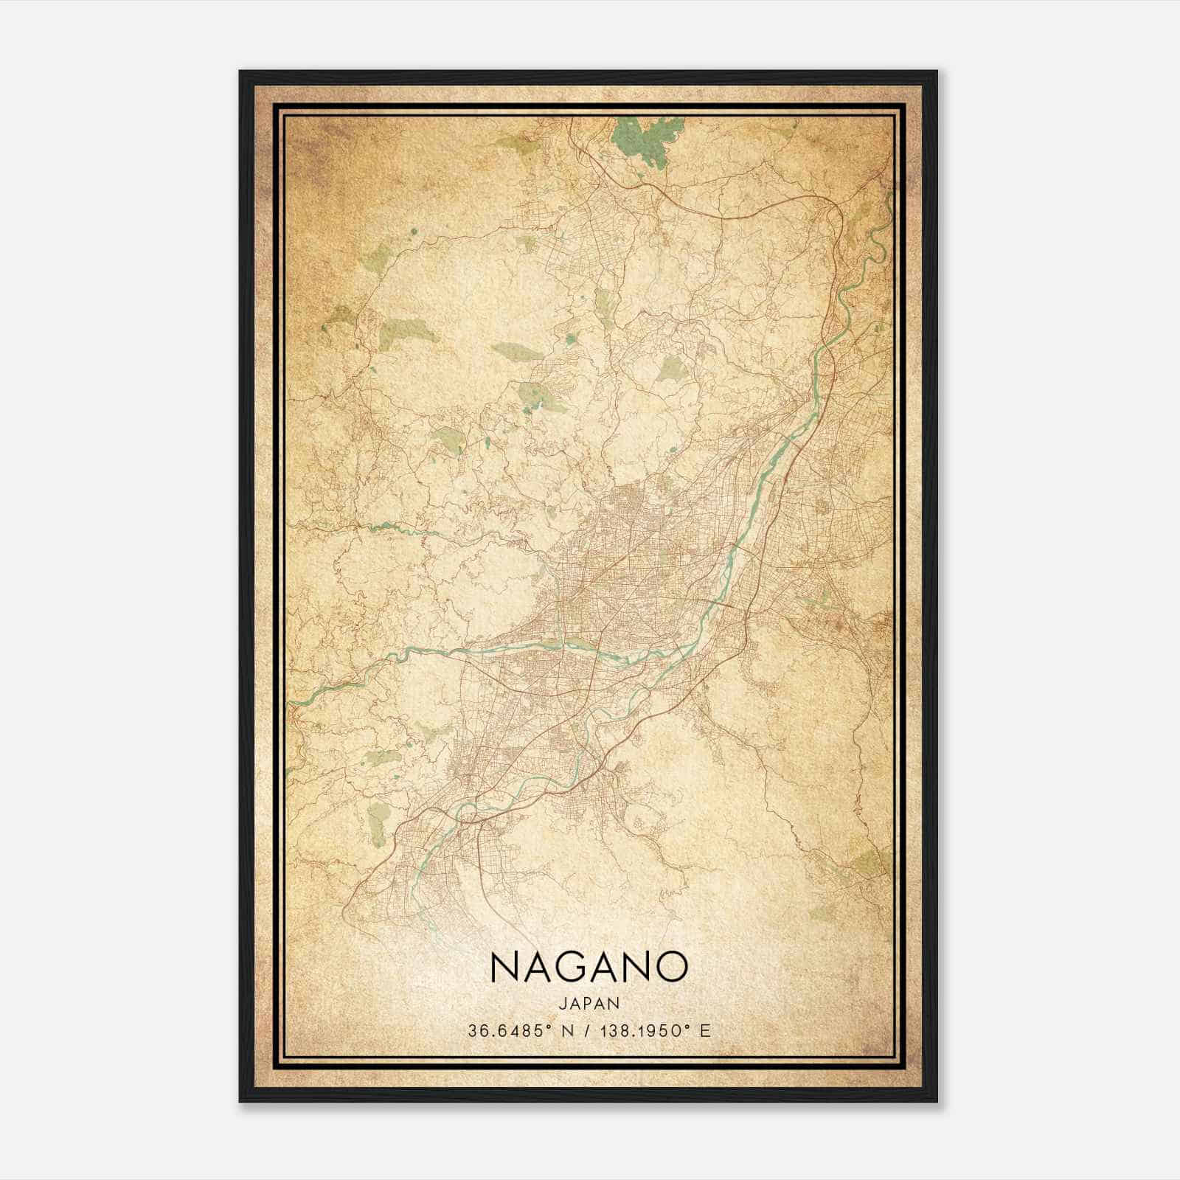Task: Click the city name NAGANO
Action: (588, 967)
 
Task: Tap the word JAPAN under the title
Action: (588, 1004)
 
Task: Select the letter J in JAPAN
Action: (561, 1004)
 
